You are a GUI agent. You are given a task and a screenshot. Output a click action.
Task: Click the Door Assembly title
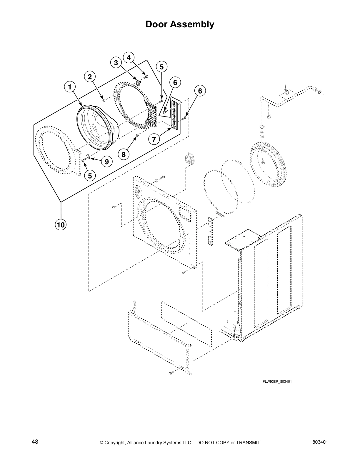(x=180, y=24)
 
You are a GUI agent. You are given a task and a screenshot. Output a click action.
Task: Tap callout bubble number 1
(x=70, y=87)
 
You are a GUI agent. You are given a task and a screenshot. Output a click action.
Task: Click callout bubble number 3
(x=116, y=63)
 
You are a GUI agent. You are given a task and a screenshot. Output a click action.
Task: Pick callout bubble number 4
(x=129, y=58)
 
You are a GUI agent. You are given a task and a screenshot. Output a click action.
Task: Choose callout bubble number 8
(x=124, y=154)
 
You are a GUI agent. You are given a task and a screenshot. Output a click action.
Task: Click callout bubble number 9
(x=106, y=162)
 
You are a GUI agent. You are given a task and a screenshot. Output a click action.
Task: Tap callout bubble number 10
(x=61, y=225)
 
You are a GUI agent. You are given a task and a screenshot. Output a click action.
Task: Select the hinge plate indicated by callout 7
(x=175, y=115)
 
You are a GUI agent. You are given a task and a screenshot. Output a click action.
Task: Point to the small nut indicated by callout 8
(x=137, y=135)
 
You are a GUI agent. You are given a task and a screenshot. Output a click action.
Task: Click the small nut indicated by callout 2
(x=104, y=101)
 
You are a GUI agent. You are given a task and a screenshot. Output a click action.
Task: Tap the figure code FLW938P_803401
(x=277, y=382)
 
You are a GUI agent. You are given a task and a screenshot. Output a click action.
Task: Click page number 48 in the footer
(x=35, y=442)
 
